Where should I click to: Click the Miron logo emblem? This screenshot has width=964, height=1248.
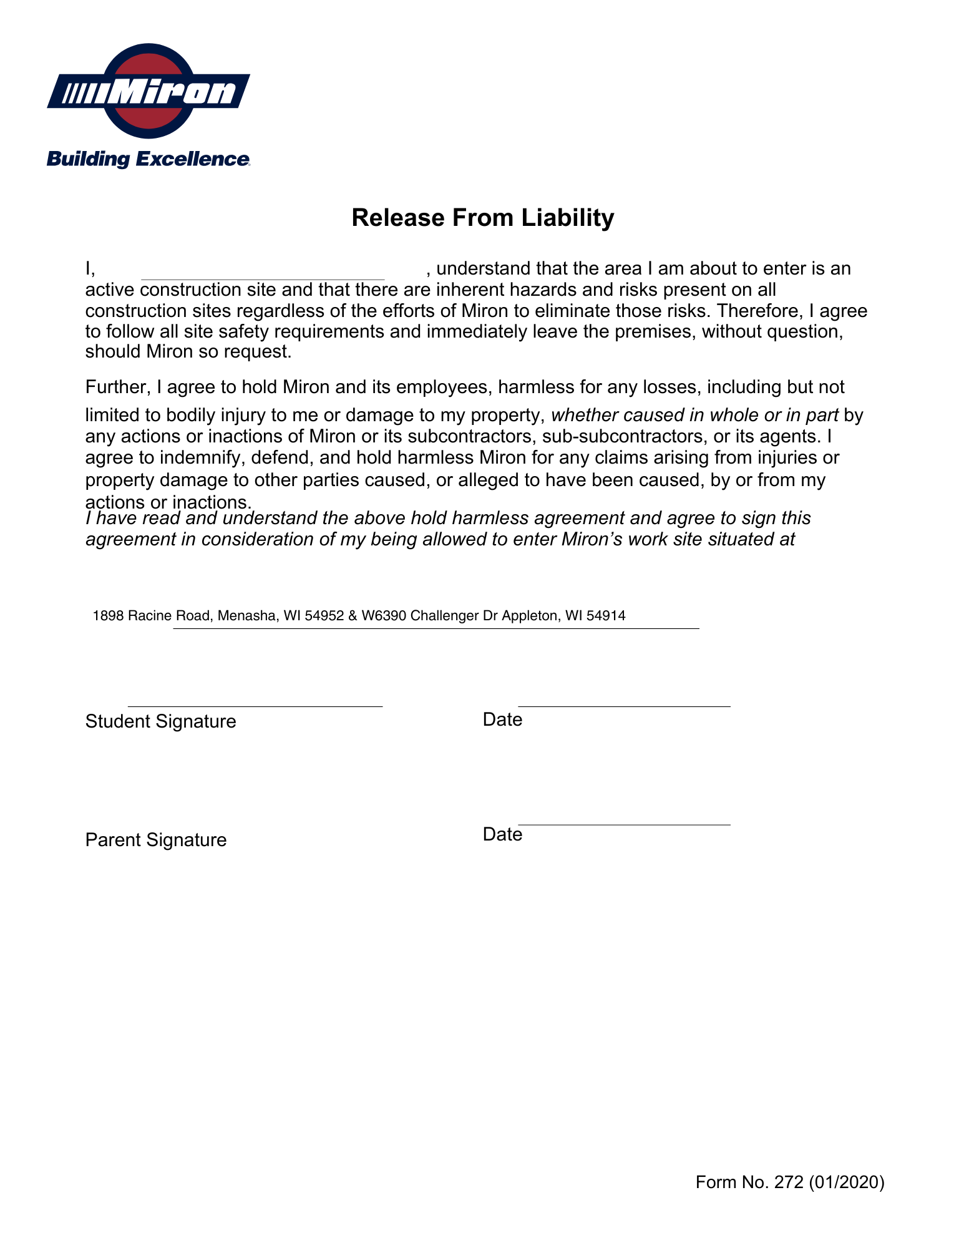[148, 91]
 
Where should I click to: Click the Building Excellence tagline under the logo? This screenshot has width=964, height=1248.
[148, 159]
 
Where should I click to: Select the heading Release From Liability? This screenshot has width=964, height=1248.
[482, 218]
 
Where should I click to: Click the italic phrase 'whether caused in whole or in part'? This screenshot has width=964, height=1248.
[694, 415]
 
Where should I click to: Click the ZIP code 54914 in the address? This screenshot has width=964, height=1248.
[606, 616]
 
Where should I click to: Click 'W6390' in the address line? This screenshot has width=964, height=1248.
[384, 616]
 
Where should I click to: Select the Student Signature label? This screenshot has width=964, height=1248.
[160, 721]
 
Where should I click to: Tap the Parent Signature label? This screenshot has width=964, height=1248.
[155, 840]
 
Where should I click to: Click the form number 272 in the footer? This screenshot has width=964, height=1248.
[789, 1182]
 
